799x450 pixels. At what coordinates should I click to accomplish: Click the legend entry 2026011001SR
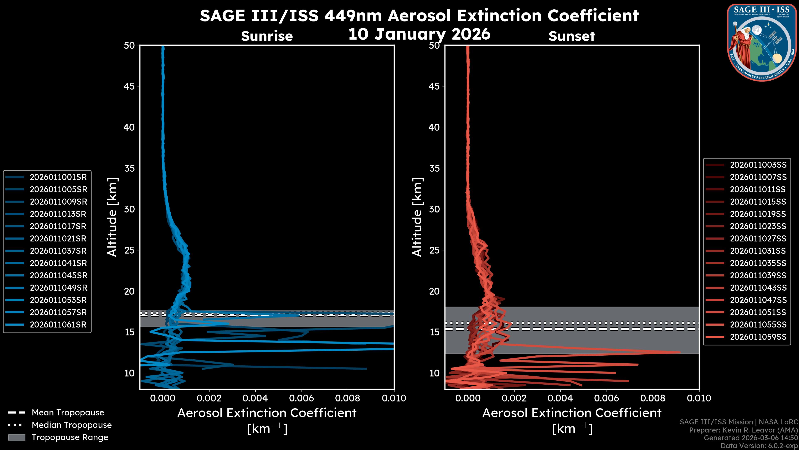[58, 177]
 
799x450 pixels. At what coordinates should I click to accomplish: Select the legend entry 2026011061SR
[58, 325]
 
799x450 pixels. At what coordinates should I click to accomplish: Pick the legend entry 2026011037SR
[58, 251]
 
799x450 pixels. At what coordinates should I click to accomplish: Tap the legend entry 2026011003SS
[758, 165]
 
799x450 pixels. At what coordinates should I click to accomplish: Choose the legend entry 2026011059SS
[758, 337]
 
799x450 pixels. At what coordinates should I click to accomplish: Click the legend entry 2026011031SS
[758, 251]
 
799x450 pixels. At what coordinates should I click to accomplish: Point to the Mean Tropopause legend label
[68, 413]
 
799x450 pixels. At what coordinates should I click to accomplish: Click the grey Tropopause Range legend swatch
[16, 437]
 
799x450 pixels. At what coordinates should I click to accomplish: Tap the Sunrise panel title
[267, 36]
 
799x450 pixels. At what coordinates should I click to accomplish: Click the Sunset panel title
[572, 36]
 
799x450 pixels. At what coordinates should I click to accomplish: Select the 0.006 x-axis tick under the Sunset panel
[607, 398]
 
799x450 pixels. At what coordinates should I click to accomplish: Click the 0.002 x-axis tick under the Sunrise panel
[209, 398]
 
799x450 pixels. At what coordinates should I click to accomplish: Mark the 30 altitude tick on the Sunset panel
[434, 209]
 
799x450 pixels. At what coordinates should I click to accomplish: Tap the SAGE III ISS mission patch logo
[762, 42]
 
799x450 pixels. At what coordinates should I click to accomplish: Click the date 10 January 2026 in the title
[419, 34]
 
